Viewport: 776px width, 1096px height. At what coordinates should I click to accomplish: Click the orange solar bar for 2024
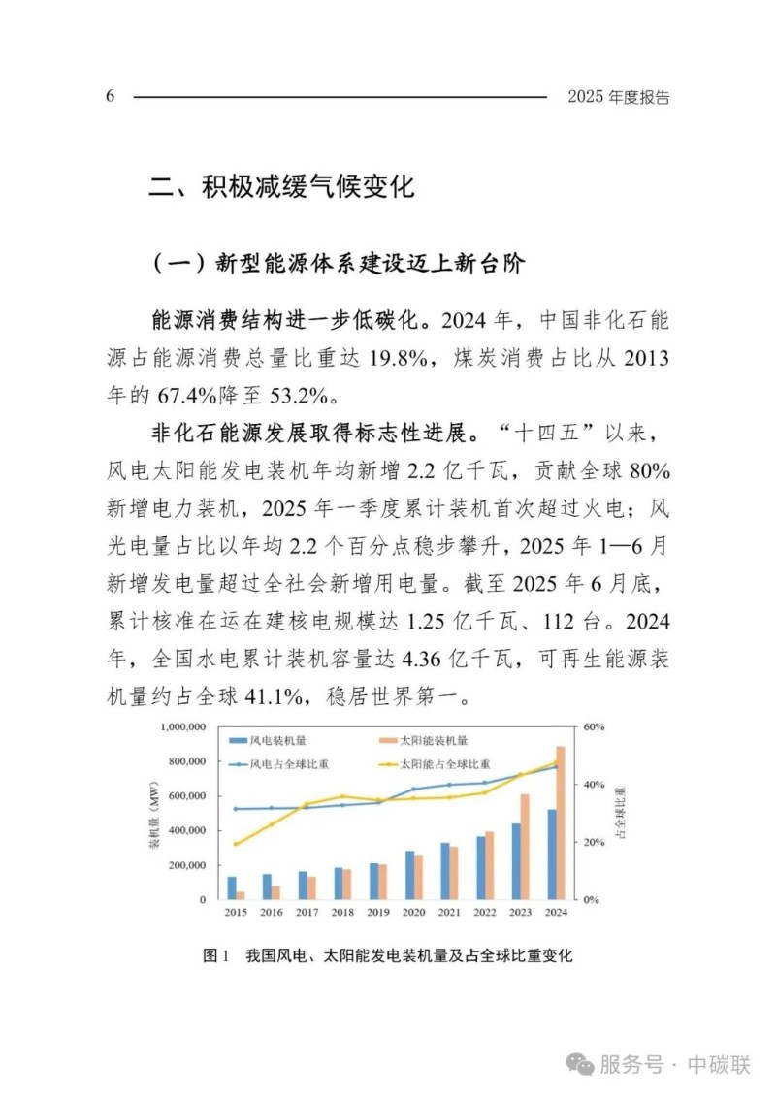[561, 822]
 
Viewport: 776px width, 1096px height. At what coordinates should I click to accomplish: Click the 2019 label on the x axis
[379, 913]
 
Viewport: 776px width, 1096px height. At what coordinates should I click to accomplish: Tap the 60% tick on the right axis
[594, 725]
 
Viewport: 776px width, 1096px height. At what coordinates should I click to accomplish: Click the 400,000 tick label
[184, 830]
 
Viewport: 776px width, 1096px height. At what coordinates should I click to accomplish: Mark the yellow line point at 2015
[236, 844]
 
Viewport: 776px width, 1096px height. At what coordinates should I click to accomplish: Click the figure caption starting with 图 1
[388, 955]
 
